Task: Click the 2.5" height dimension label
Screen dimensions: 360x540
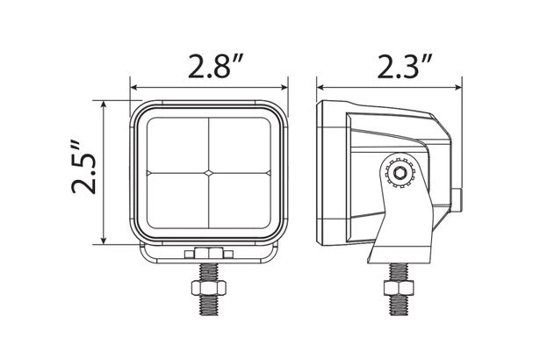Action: (80, 173)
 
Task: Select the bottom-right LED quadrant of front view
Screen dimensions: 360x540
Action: (240, 202)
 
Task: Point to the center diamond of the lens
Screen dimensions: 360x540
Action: (209, 171)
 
